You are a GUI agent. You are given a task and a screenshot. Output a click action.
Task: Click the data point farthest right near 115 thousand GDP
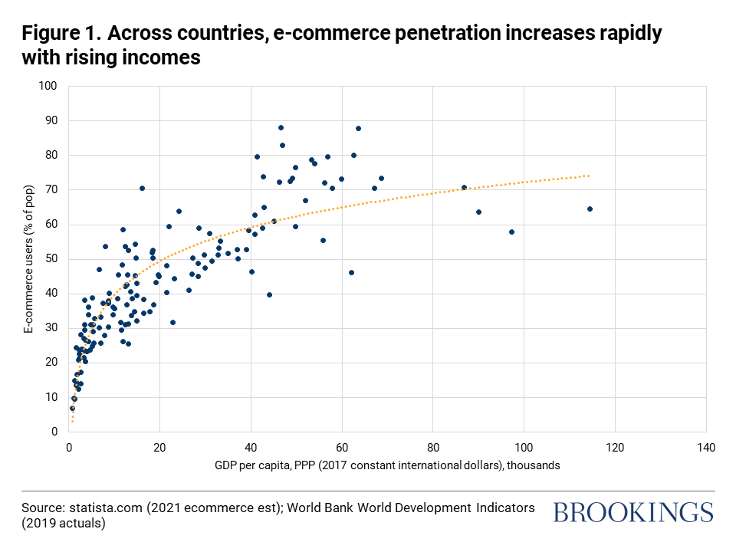pos(590,209)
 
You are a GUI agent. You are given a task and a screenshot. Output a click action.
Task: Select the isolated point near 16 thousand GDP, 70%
pos(142,188)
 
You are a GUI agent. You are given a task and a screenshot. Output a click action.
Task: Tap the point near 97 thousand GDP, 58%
pos(511,232)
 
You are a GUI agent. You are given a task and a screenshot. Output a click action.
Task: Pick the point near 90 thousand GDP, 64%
pos(478,212)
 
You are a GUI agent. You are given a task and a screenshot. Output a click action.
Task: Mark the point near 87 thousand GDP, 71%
pos(464,187)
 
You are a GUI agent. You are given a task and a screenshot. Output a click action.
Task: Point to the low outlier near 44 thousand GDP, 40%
pos(269,294)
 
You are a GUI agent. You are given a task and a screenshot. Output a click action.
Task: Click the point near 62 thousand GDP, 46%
pos(351,272)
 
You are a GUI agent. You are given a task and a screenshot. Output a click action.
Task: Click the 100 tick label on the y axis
pos(50,86)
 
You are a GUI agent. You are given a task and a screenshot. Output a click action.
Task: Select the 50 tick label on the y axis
pos(53,258)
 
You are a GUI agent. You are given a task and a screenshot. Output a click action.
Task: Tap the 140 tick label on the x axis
pos(705,447)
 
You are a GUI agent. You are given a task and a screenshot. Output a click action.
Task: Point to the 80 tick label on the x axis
pos(432,447)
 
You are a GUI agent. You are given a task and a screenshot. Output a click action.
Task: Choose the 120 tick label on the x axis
pos(614,447)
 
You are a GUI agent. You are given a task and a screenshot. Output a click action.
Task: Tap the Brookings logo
pos(633,512)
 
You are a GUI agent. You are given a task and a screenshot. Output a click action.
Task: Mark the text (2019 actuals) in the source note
pos(64,524)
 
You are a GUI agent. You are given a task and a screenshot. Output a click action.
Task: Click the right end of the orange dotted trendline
pos(588,176)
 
